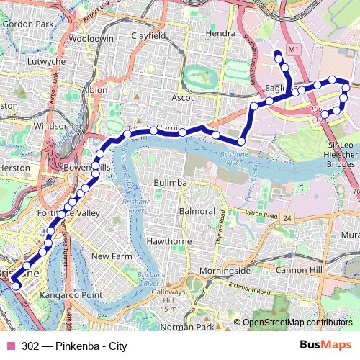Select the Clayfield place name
pos(148,35)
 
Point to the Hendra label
pos(220,34)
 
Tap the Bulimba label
pos(171,183)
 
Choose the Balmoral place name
pos(197,212)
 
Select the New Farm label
pos(110,256)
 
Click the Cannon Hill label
pos(296,271)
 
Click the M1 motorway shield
pos(292,49)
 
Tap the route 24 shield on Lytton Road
pos(287,217)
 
